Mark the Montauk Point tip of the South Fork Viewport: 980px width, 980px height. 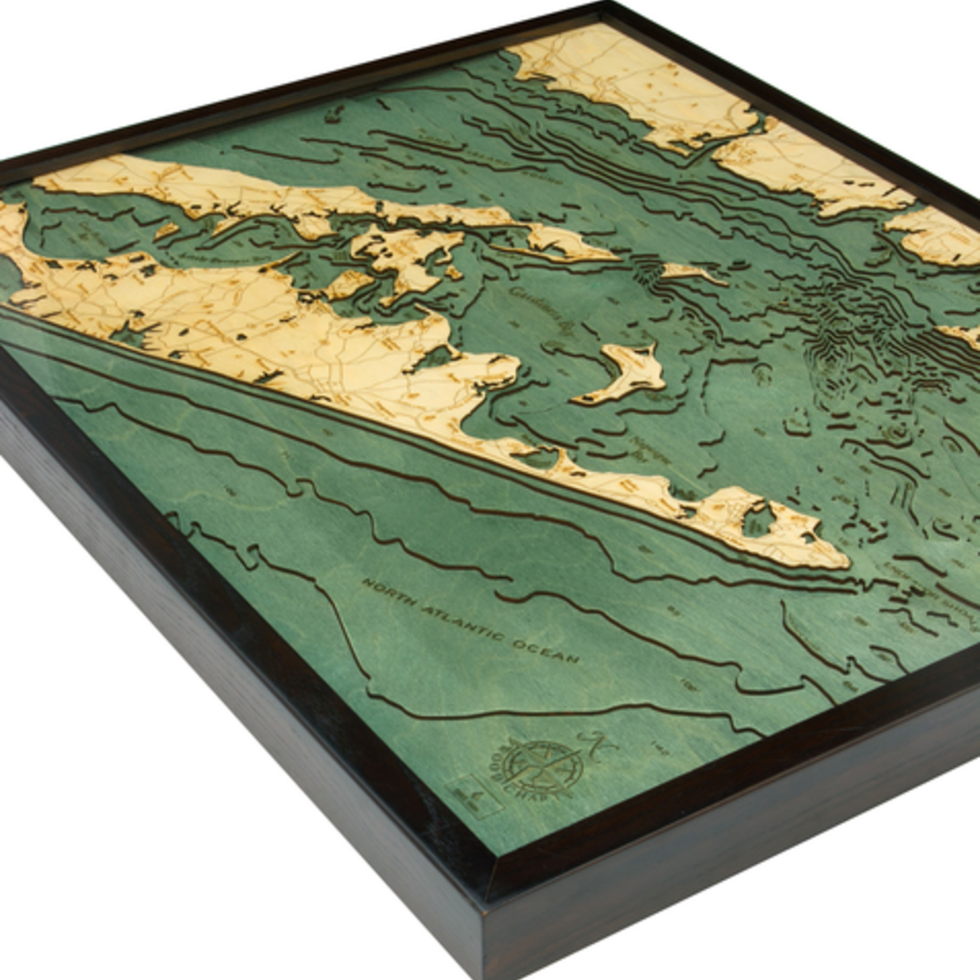tap(845, 561)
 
